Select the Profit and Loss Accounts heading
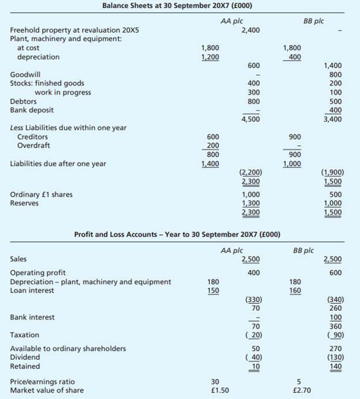click(177, 235)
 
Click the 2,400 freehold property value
click(250, 30)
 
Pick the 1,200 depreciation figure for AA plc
click(209, 57)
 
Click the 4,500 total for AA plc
click(250, 119)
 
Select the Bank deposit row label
click(32, 110)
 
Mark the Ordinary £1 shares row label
click(42, 194)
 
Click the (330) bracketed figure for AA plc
click(251, 299)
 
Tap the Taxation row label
click(25, 335)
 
